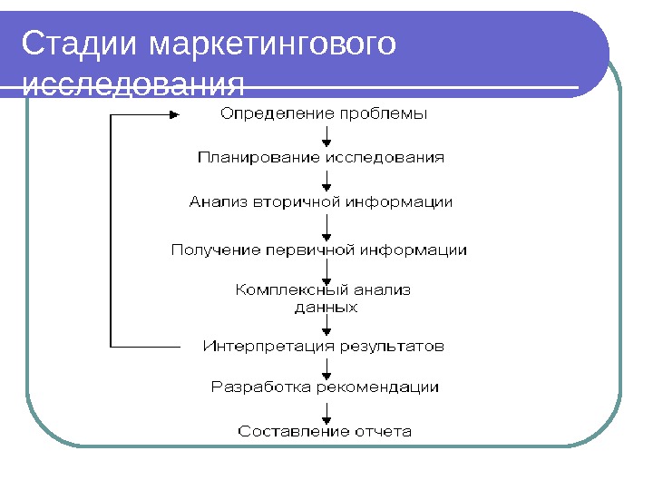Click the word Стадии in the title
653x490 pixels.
click(82, 44)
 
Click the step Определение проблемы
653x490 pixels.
click(325, 114)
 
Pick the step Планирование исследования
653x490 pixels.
click(322, 158)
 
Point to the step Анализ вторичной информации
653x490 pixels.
click(321, 201)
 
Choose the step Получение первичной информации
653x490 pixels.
click(319, 249)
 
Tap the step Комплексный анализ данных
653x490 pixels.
click(325, 299)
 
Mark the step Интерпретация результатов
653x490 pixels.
click(324, 346)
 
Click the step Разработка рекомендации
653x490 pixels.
click(325, 387)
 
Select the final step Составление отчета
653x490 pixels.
click(325, 432)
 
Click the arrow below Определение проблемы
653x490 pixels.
click(326, 136)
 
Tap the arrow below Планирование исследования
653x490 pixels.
click(326, 180)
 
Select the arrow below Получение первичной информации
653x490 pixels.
click(326, 270)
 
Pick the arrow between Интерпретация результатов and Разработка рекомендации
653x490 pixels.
click(326, 367)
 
